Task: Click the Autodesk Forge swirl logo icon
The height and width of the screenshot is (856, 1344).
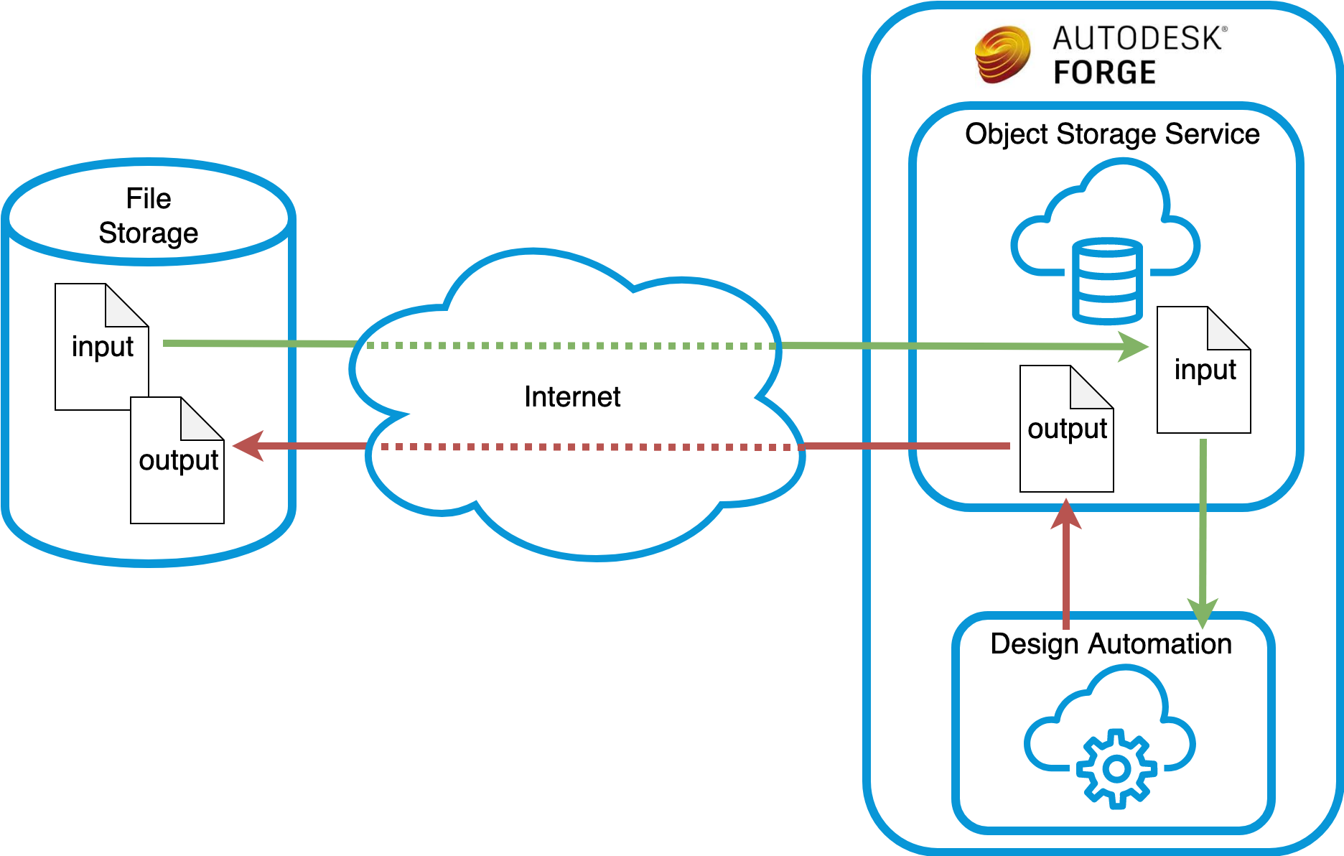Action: [x=1002, y=55]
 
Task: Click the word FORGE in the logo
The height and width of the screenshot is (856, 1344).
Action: [x=1104, y=73]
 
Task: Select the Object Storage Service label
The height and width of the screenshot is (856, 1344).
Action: [x=1111, y=134]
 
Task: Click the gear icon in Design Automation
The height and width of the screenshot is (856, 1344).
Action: [x=1116, y=768]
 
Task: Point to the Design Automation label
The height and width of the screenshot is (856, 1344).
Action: [x=1110, y=643]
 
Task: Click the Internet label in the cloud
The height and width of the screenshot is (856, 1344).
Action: [x=571, y=396]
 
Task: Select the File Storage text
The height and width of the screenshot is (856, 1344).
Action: [x=149, y=215]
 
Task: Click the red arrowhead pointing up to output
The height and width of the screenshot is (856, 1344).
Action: [x=1066, y=514]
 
